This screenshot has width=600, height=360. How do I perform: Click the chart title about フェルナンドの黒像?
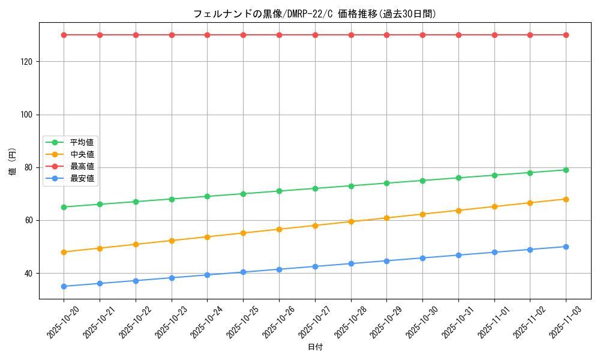point(314,14)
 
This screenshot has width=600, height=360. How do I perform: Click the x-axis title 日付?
point(315,347)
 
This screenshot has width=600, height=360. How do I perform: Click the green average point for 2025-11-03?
point(566,170)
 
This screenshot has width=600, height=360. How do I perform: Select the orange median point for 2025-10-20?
point(64,252)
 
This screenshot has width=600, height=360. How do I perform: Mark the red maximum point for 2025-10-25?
point(243,35)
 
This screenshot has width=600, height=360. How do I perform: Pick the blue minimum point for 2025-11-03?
point(566,247)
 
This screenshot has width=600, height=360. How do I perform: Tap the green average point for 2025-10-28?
point(351,186)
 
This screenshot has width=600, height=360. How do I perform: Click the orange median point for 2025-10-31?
point(458,211)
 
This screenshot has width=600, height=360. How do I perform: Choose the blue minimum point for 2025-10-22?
point(136,281)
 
